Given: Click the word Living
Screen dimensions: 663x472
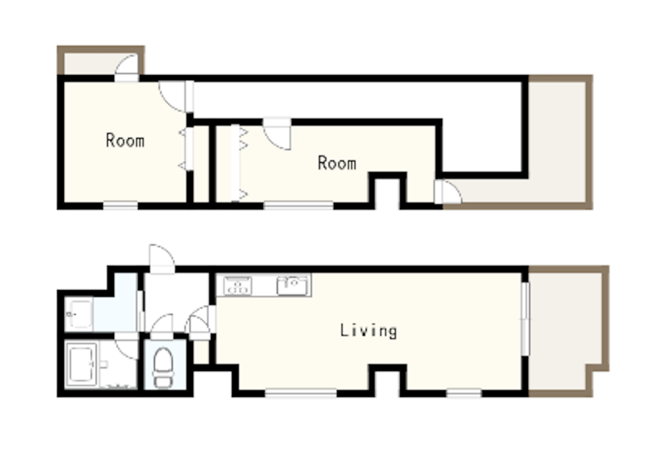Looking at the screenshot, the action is coord(368,331).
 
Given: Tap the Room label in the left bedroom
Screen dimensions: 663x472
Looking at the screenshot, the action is coord(125,140).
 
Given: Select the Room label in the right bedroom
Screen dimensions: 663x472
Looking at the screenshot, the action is coord(337,163).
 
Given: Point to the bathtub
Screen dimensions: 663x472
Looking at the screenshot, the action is coord(82,364).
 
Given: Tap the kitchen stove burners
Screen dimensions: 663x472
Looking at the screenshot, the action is coord(238,286).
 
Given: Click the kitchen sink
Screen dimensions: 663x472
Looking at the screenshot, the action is coord(293,286).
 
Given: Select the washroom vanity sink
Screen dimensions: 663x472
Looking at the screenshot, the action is coord(78,313).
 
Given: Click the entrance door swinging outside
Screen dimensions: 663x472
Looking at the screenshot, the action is coord(162,259).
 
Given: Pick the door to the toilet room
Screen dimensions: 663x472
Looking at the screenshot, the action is coord(162,326).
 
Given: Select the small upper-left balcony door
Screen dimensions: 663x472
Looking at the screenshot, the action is coord(127,68).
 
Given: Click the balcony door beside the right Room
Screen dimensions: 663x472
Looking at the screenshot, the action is coord(448,192).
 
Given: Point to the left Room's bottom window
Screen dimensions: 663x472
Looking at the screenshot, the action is coord(120,205).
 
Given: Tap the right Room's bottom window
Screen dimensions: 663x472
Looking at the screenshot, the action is coord(298,205).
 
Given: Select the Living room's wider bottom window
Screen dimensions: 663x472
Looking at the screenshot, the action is coord(300,394).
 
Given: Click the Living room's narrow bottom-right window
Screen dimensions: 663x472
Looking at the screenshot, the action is coord(464,394).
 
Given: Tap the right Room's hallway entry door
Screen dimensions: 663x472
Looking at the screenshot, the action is coord(277,133).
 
